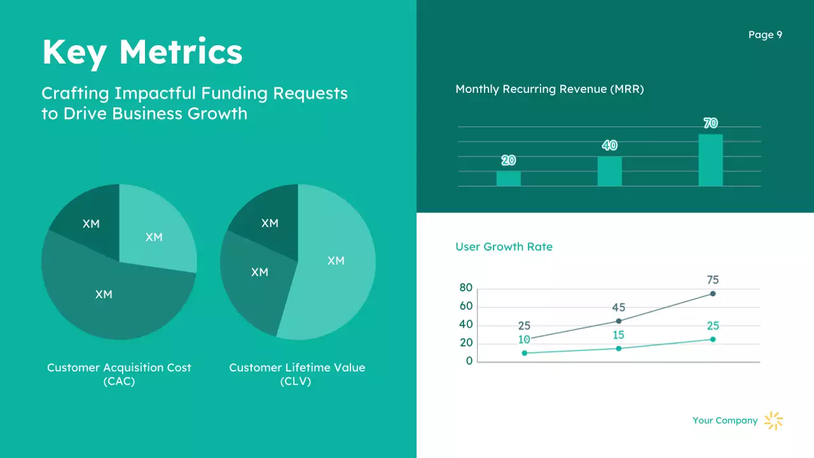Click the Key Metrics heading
(142, 52)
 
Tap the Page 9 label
(765, 35)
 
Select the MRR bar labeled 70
(710, 160)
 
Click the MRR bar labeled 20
(508, 178)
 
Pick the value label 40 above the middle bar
(609, 146)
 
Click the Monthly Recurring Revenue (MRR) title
(549, 89)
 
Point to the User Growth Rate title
(504, 247)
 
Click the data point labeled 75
(712, 293)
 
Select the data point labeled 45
(618, 321)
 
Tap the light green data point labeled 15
(618, 348)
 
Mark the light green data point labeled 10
(524, 352)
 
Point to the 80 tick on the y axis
(466, 288)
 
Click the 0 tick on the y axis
(469, 361)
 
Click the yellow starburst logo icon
(773, 420)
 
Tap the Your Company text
(725, 420)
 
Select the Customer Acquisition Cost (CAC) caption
(119, 374)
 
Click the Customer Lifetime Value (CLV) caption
(297, 374)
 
